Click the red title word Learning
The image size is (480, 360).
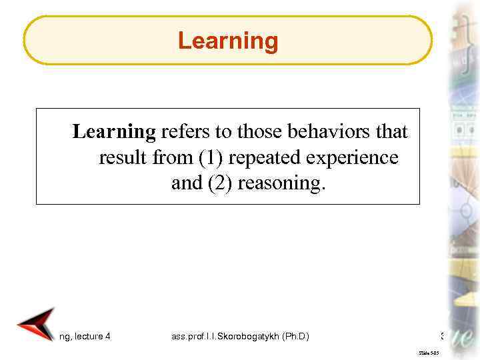227,41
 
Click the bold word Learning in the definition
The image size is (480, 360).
113,133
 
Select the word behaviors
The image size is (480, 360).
320,133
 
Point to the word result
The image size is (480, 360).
116,158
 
